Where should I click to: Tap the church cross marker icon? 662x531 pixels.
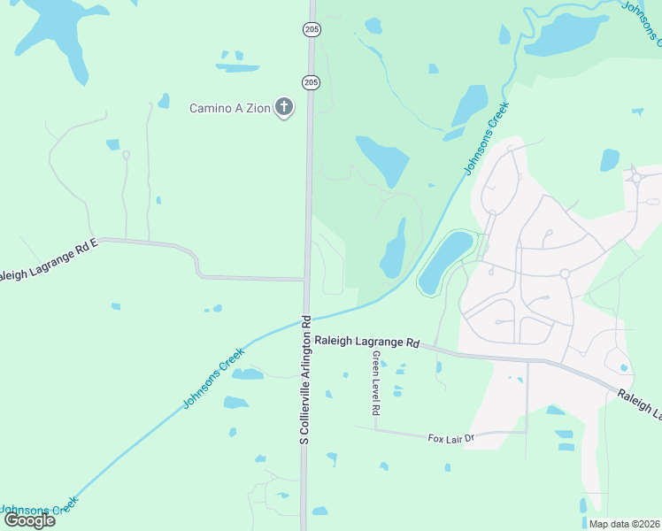point(284,108)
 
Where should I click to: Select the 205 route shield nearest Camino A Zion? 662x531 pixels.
point(311,82)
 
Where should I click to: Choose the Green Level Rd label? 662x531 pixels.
point(376,382)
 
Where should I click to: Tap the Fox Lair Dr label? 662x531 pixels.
point(451,438)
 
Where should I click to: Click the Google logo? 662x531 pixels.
point(29,519)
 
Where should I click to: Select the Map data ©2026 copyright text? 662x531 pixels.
point(624,523)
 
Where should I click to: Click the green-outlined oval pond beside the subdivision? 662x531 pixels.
point(444,262)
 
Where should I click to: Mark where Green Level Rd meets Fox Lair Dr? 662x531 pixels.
point(376,430)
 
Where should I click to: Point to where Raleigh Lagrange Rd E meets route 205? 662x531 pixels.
point(307,280)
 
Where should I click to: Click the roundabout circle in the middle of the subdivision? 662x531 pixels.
point(564,273)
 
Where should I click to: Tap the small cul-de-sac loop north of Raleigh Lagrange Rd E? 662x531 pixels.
point(126,155)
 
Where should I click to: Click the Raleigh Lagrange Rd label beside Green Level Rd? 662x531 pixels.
point(366,342)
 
